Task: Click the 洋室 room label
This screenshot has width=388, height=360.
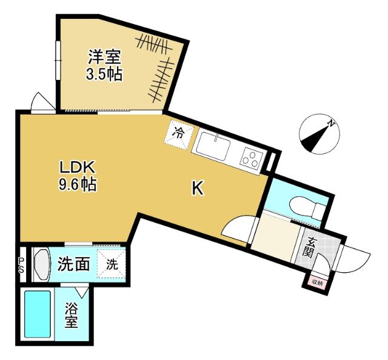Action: point(105,59)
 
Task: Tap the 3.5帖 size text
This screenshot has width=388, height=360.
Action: point(105,75)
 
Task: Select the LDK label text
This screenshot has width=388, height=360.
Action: point(77,167)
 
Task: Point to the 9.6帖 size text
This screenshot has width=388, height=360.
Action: point(77,184)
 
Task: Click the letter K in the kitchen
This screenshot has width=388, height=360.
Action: point(198,189)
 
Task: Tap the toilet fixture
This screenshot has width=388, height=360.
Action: point(306,207)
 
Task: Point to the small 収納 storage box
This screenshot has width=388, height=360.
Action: point(317,282)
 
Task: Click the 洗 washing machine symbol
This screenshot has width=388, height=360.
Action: point(112,264)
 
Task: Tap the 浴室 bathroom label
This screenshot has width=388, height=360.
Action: point(72,315)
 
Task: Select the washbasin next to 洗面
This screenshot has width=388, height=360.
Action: point(41,264)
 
